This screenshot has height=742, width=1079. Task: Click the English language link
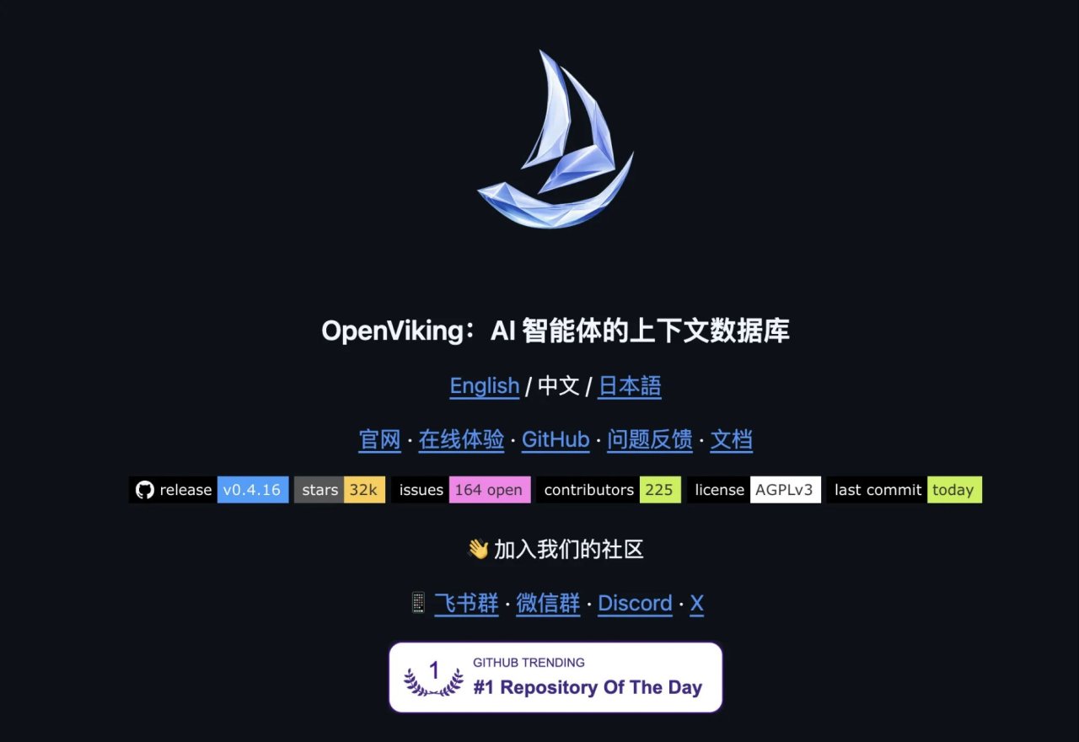(485, 386)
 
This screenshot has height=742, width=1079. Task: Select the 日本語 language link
(630, 386)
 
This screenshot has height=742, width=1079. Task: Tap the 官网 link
(379, 439)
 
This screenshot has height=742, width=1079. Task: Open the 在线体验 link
(461, 439)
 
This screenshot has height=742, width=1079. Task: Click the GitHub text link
(556, 439)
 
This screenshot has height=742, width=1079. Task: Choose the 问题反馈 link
(649, 439)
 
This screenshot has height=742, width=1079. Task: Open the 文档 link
(731, 439)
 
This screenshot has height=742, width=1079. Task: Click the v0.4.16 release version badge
(253, 490)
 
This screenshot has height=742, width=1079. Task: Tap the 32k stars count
(364, 490)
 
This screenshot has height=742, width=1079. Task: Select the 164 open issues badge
(490, 490)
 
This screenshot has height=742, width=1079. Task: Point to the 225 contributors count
(660, 490)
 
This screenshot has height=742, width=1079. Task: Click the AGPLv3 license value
(785, 490)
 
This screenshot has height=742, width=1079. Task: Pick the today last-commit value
(955, 490)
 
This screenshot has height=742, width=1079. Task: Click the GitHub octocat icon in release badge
(144, 490)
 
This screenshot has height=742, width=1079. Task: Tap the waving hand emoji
(478, 549)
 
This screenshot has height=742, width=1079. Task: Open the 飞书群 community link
(466, 603)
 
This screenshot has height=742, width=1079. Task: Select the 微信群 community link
(548, 603)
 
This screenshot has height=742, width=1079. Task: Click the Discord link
(635, 603)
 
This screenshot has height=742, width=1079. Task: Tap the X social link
(696, 603)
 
